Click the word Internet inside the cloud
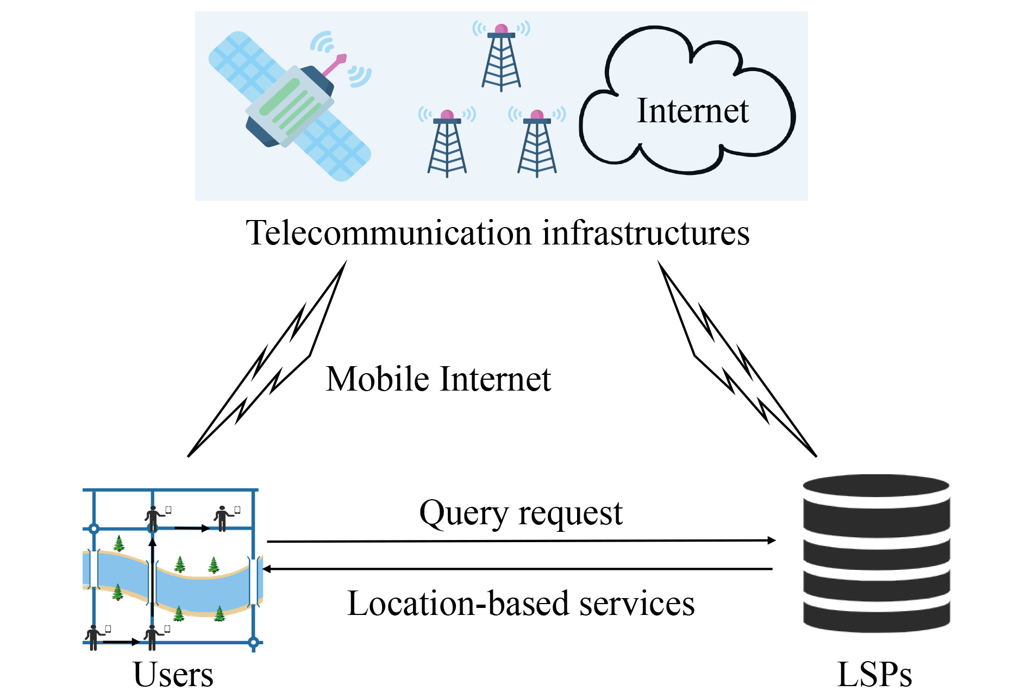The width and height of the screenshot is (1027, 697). [x=692, y=111]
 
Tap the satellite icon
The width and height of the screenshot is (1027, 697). [x=290, y=106]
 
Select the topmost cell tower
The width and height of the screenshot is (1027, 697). [x=501, y=57]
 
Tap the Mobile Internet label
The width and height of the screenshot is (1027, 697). [x=438, y=379]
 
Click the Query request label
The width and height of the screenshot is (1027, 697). [x=521, y=513]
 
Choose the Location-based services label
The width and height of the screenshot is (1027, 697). [x=521, y=604]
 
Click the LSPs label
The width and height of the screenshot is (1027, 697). [x=874, y=676]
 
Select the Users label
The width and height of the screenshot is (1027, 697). [x=173, y=675]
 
